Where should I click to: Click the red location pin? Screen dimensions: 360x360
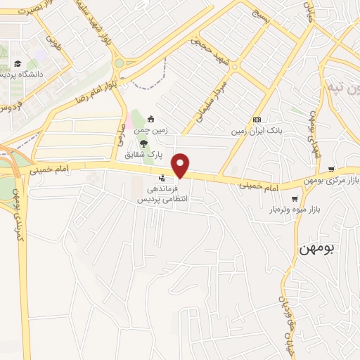tap(181, 165)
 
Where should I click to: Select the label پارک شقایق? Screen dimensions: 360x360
tap(139, 154)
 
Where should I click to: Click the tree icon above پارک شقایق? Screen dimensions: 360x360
tap(144, 143)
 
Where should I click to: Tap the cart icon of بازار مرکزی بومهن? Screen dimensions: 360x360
tap(331, 169)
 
